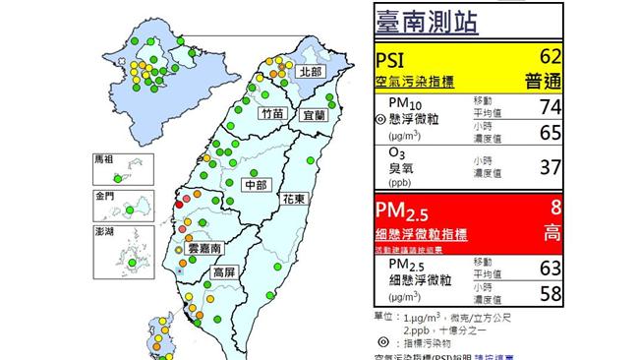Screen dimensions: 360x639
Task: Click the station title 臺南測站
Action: pyautogui.click(x=426, y=21)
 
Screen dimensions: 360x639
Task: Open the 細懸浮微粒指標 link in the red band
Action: pyautogui.click(x=421, y=235)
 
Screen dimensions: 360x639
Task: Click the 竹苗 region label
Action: pyautogui.click(x=271, y=114)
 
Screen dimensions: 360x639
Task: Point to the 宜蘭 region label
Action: pyautogui.click(x=313, y=114)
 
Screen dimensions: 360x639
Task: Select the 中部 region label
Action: pyautogui.click(x=258, y=185)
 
